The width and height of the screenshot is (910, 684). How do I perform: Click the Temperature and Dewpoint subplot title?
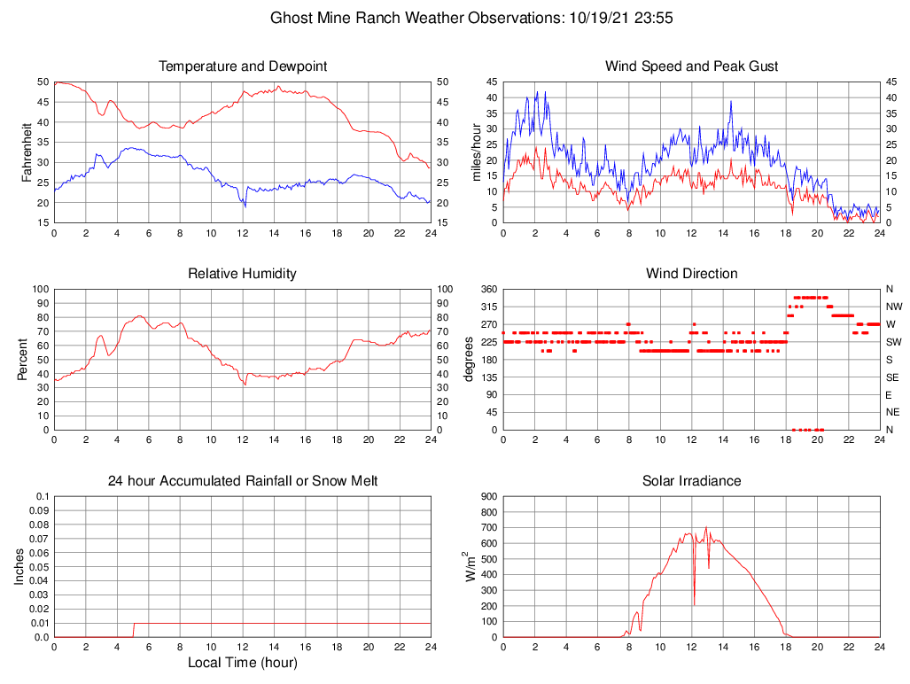242,66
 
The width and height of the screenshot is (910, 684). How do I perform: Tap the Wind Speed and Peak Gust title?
691,66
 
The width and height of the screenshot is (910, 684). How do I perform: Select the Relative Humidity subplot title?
242,274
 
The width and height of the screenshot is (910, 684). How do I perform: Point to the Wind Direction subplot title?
691,274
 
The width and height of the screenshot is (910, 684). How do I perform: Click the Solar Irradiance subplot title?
691,481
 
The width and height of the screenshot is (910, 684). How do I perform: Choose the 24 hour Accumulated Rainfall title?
242,481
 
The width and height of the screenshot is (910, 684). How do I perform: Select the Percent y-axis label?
23,360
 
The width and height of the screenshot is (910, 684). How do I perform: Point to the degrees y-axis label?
469,360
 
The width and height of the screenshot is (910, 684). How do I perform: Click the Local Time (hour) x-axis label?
242,663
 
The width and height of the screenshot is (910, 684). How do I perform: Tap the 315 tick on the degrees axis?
487,307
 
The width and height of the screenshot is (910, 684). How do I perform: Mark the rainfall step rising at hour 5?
133,630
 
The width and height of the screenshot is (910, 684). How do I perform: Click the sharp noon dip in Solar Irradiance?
694,603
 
